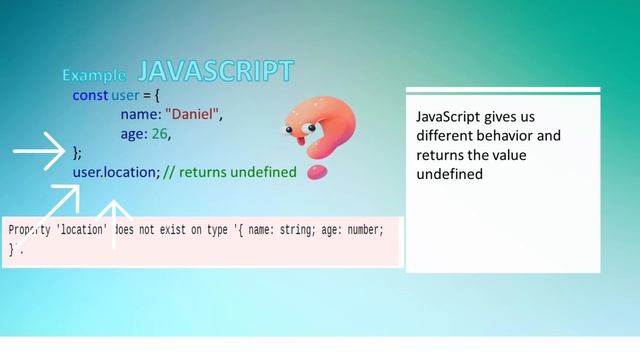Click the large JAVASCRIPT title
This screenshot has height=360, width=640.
pos(215,71)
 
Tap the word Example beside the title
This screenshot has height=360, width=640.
pos(94,75)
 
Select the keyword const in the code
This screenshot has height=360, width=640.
pos(89,95)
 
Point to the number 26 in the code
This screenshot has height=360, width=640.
pos(161,133)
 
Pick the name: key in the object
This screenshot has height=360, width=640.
pos(141,114)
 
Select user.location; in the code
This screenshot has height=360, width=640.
pos(116,172)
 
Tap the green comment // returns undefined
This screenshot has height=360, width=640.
pos(230,172)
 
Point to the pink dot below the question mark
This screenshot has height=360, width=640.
pos(317,172)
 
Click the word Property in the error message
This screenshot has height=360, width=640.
pos(29,230)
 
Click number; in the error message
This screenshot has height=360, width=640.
pos(362,230)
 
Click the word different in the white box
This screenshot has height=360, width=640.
pos(445,136)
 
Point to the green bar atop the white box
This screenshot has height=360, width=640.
pos(503,90)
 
